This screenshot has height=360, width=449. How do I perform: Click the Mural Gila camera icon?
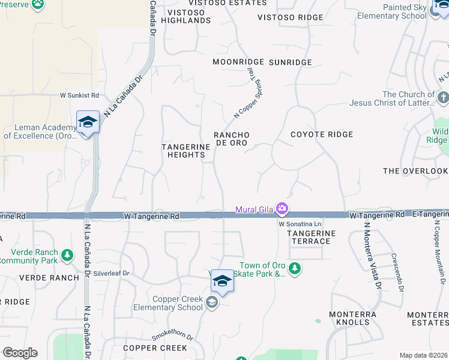(x=282, y=209)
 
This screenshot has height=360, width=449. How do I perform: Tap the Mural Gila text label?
(x=254, y=209)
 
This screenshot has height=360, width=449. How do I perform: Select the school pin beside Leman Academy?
(x=88, y=122)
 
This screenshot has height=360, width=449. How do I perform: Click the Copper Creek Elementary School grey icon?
(x=211, y=302)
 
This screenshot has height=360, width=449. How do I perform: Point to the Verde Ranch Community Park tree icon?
(x=67, y=256)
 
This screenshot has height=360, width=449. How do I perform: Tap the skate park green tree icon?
(x=294, y=268)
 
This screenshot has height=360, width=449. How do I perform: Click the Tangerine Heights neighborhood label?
(x=187, y=151)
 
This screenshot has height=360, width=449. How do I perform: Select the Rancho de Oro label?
(x=232, y=139)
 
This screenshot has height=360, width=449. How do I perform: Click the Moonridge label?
(x=238, y=62)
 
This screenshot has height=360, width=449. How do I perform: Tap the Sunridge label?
(x=291, y=62)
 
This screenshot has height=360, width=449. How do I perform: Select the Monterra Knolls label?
(x=353, y=318)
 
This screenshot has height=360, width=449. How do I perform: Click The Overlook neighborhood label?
(x=415, y=171)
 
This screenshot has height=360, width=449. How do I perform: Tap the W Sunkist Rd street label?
(x=79, y=95)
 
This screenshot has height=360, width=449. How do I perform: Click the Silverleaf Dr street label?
(x=112, y=273)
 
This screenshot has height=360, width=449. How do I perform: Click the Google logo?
(x=20, y=353)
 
